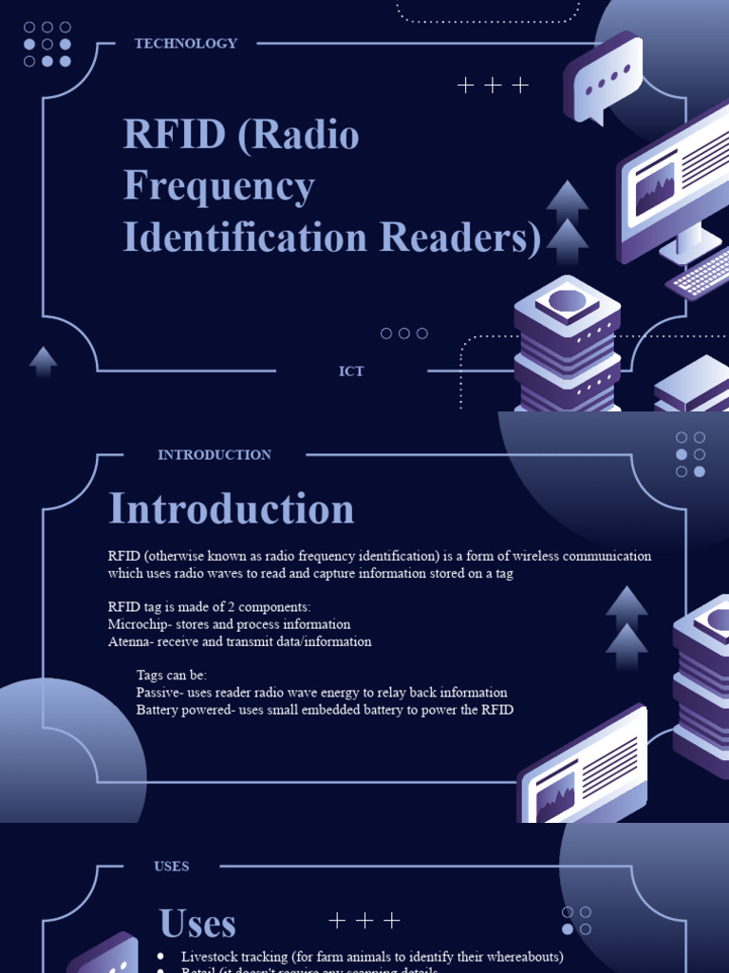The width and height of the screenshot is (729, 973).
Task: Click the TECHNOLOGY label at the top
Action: [x=186, y=44]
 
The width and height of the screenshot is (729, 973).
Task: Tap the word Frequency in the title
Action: [x=218, y=186]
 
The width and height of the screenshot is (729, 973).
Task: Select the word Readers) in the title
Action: [x=461, y=238]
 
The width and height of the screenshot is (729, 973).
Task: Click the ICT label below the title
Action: [x=351, y=372]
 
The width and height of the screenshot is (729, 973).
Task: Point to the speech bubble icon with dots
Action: [x=604, y=81]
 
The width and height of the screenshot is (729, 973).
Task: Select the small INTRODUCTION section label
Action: [x=215, y=455]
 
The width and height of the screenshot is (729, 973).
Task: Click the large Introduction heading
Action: [x=231, y=509]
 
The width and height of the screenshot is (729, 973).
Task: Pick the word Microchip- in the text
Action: [x=140, y=624]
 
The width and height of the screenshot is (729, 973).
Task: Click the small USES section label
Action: [x=172, y=867]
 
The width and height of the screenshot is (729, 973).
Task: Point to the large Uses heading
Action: [x=197, y=924]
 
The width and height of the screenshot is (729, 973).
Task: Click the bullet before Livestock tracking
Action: [x=160, y=956]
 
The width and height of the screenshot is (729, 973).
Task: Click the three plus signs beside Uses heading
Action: [x=364, y=921]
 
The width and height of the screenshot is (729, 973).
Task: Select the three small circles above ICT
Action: [x=403, y=334]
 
